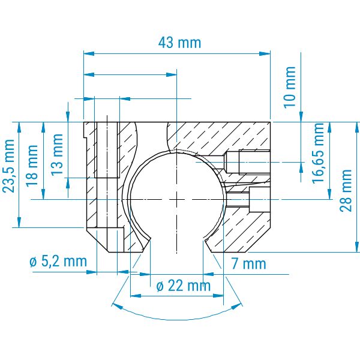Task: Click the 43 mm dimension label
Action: coord(179,43)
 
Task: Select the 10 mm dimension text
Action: coord(290,87)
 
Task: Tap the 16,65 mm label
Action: coord(318,153)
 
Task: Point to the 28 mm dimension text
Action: coord(346,191)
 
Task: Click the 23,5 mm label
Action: coord(9,166)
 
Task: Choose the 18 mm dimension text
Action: coord(32,166)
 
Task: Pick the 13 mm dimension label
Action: coord(57,155)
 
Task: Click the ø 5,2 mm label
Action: coord(58,261)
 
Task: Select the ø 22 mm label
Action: coord(184,286)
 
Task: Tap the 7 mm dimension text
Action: coord(248,263)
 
